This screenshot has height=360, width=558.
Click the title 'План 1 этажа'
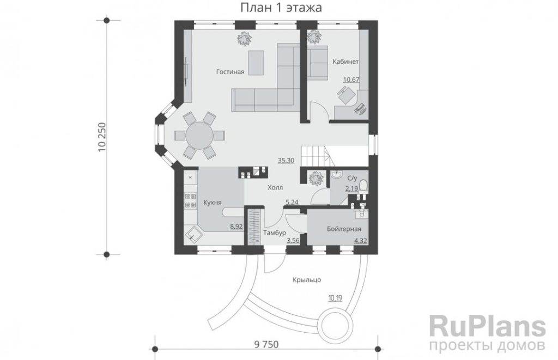click(281, 8)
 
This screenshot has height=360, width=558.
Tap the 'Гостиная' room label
click(231, 72)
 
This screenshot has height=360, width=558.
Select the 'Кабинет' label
click(345, 62)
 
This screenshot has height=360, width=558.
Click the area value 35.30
click(286, 161)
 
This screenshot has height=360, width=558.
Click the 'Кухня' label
click(213, 203)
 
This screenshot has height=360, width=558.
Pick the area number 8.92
click(236, 225)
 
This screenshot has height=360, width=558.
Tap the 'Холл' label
click(275, 187)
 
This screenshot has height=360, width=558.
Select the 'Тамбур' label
click(275, 233)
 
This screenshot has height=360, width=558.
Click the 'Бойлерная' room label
click(344, 229)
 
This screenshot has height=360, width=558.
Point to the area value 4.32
click(361, 241)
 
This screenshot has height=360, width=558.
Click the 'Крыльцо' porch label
click(307, 280)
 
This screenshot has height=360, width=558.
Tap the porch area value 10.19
click(335, 298)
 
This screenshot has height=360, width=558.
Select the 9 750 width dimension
click(266, 344)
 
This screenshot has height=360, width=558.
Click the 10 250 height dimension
click(102, 137)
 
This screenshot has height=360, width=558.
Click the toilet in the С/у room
click(363, 186)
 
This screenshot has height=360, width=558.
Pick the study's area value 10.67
click(351, 80)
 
